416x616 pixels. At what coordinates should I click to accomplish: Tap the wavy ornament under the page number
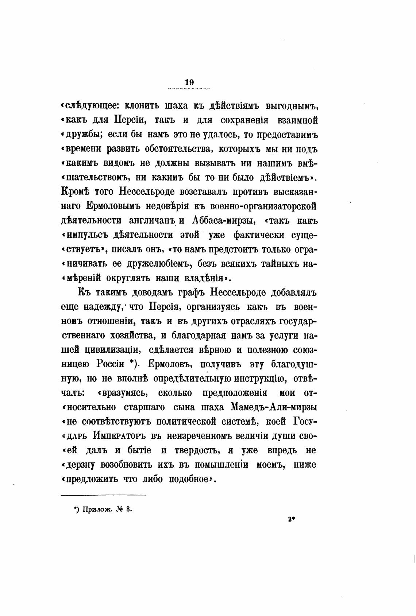[x=189, y=89]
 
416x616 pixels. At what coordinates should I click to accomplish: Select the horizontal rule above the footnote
[x=103, y=495]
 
